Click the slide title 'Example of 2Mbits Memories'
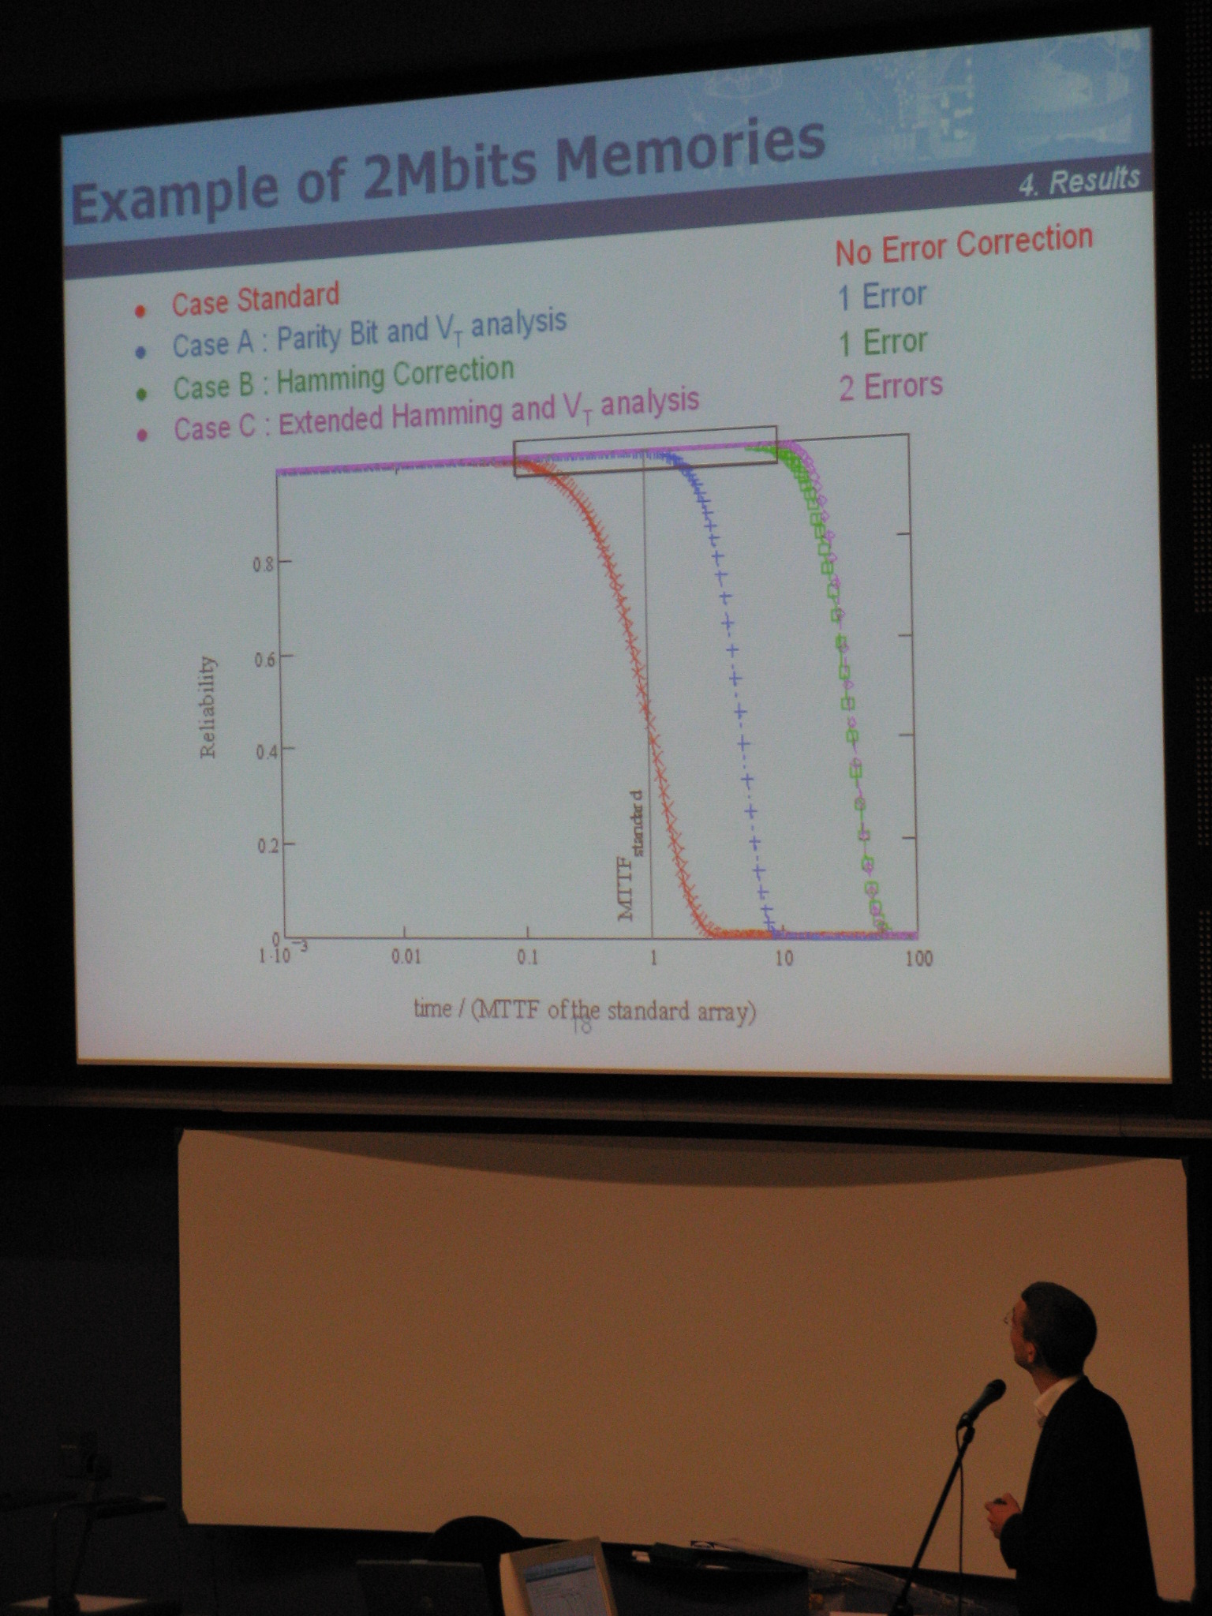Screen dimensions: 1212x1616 pyautogui.click(x=448, y=170)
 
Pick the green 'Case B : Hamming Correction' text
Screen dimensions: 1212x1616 pyautogui.click(x=343, y=377)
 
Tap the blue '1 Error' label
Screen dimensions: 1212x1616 pyautogui.click(x=881, y=296)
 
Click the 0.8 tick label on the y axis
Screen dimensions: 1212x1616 pyautogui.click(x=262, y=564)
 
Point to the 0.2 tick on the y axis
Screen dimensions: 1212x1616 pyautogui.click(x=264, y=846)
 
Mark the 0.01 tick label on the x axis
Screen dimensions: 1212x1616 pyautogui.click(x=406, y=957)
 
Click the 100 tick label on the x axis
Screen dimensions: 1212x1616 pyautogui.click(x=919, y=959)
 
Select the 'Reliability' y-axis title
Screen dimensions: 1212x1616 pyautogui.click(x=208, y=707)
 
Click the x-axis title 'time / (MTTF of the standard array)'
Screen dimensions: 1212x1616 pyautogui.click(x=585, y=1011)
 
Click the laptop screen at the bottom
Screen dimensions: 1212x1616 pyautogui.click(x=555, y=1577)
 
